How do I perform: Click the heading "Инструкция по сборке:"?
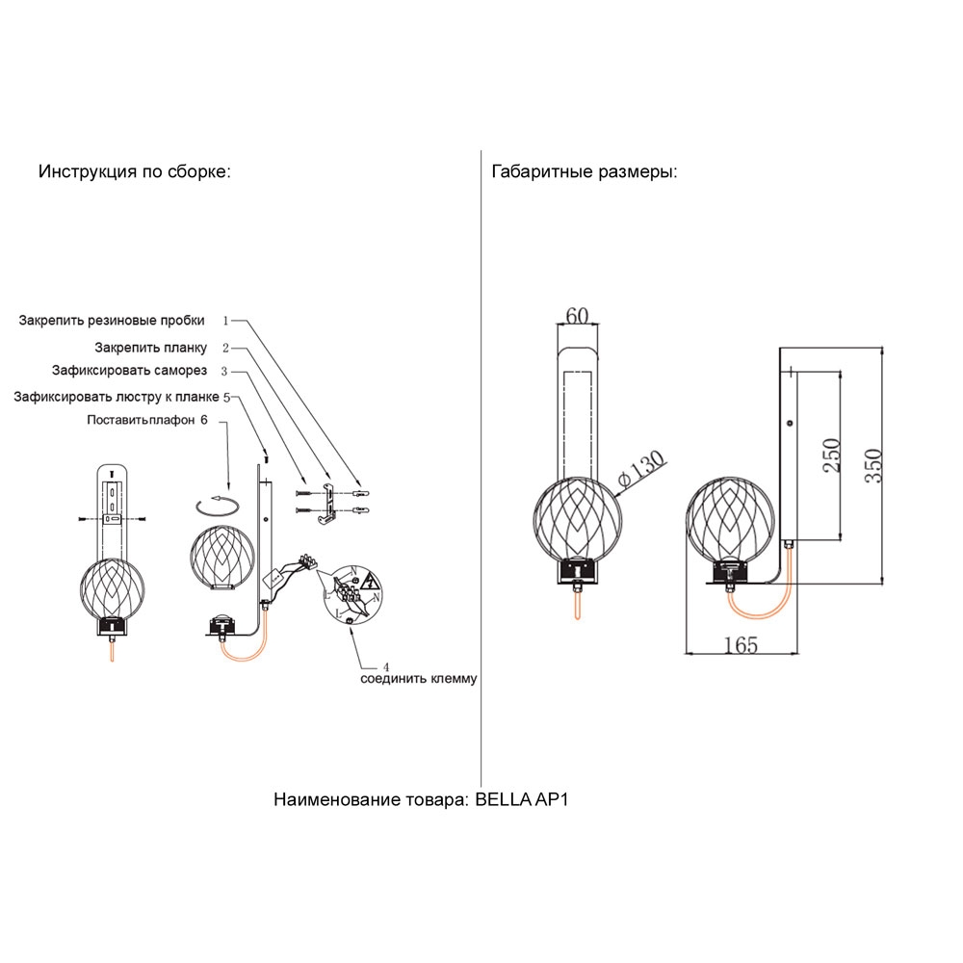[x=134, y=172]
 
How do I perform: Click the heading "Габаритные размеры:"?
[x=585, y=172]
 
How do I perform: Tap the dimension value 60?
[x=577, y=314]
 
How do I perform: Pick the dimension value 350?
[x=874, y=468]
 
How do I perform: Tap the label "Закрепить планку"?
[x=151, y=347]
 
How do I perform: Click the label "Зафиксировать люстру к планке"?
[x=117, y=396]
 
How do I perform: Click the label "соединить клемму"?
[x=419, y=679]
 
